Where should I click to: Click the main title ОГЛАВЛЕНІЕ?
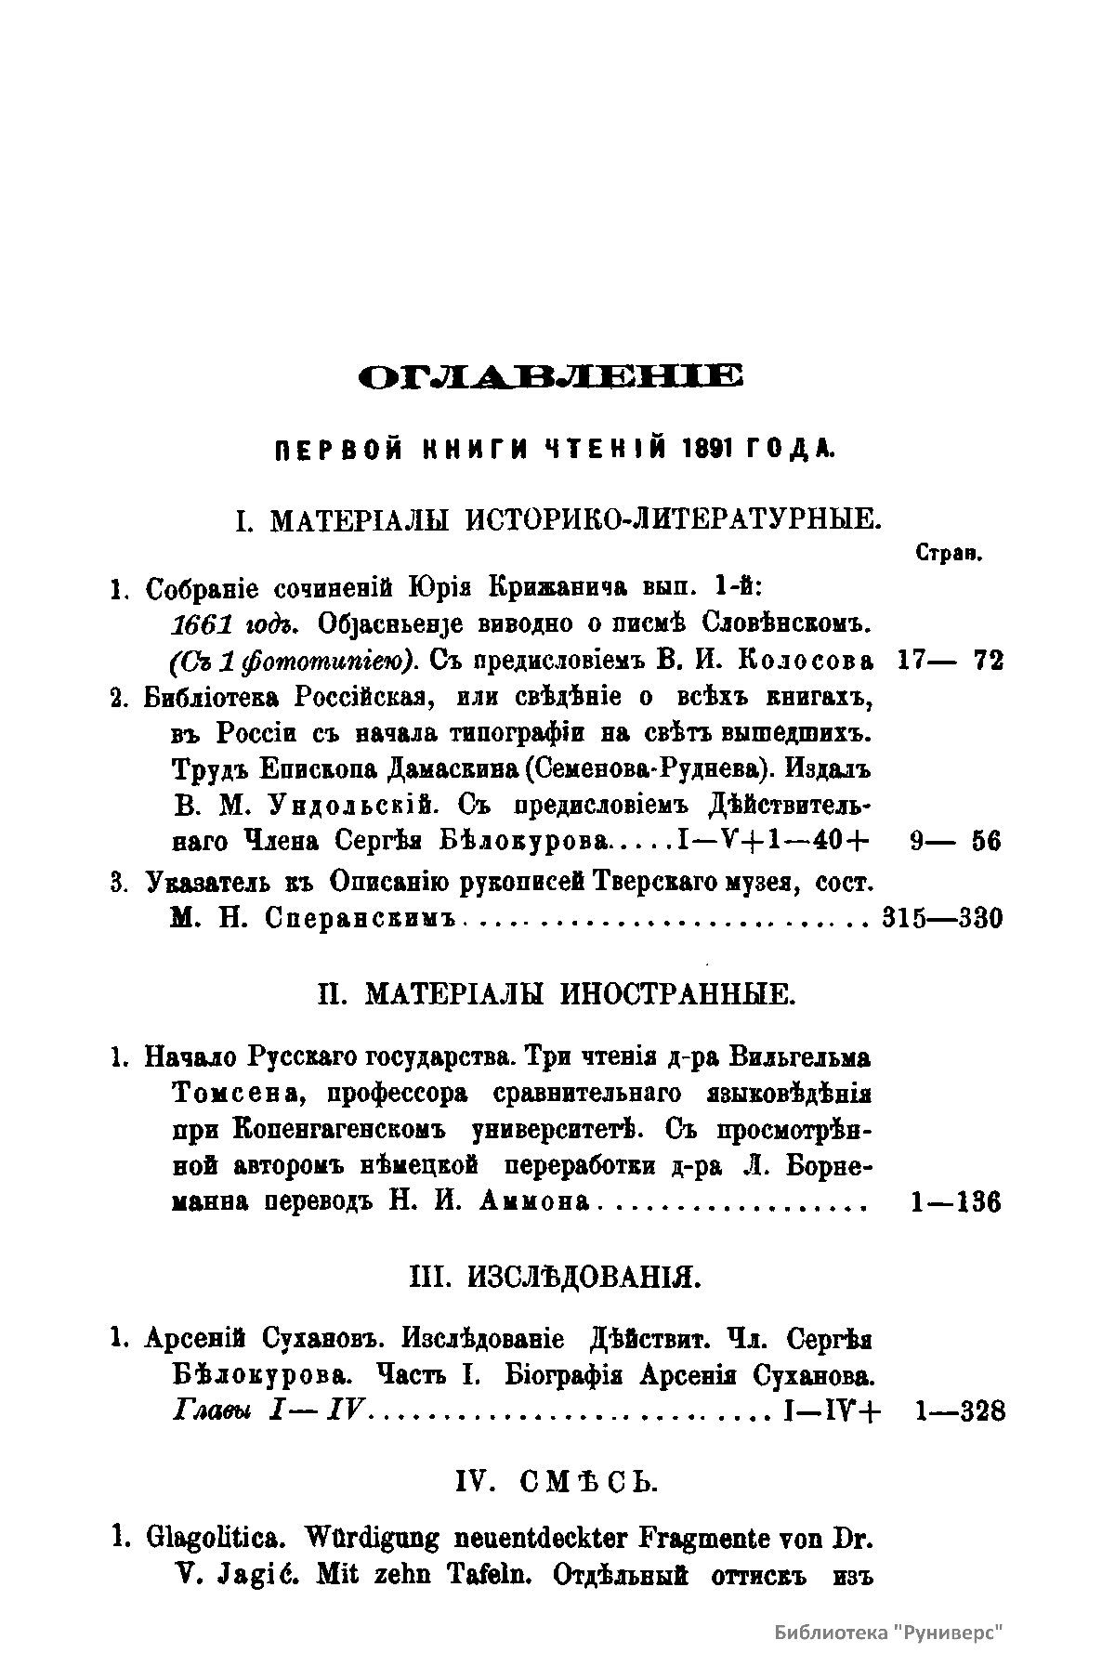pos(550,377)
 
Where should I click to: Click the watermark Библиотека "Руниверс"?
pos(891,1633)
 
